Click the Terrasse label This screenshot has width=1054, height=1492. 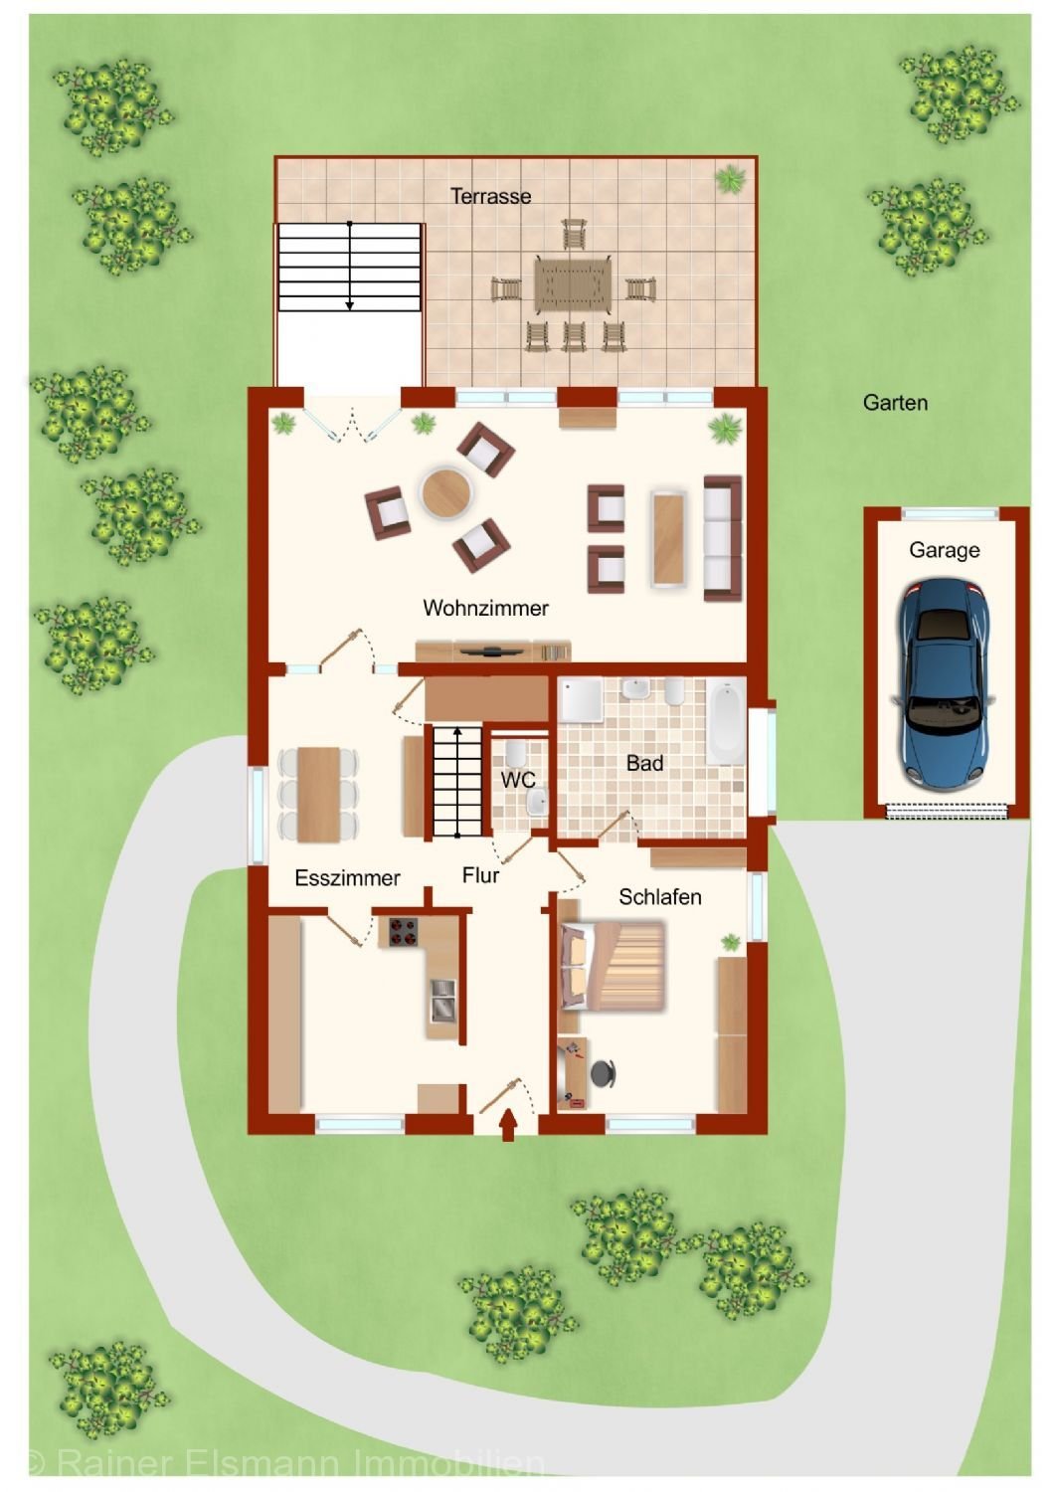pos(491,196)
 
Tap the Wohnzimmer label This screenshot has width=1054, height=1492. pos(485,608)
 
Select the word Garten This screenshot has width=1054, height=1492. pos(895,402)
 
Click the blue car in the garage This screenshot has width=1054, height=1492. pos(944,682)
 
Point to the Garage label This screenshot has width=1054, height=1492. pos(945,550)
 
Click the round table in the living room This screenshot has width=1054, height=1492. pos(446,493)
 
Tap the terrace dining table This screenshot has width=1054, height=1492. pos(573,284)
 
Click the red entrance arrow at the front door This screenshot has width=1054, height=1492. pos(508,1124)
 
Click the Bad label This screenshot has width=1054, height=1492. pos(644,763)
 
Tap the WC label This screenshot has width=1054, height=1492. pos(518,779)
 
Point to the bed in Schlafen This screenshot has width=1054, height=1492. pos(613,966)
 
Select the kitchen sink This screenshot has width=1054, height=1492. pos(442,1000)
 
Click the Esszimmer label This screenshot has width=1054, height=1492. pos(347,877)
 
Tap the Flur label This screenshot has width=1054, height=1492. pos(480,874)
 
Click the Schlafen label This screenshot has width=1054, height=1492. pos(660,896)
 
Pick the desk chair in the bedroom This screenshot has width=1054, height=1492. pos(603,1073)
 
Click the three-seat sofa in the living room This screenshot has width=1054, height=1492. pos(723,538)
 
